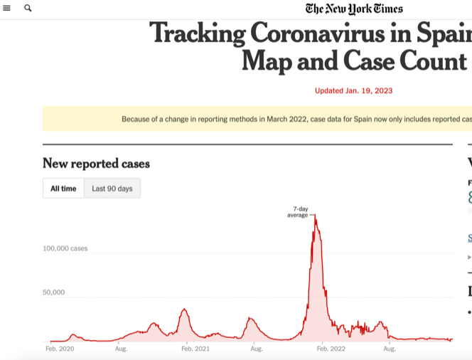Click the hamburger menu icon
pyautogui.click(x=7, y=9)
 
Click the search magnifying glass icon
pyautogui.click(x=28, y=9)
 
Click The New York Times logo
pyautogui.click(x=354, y=9)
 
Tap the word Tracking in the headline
pyautogui.click(x=197, y=34)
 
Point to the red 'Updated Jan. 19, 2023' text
pyautogui.click(x=353, y=90)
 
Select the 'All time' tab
pyautogui.click(x=63, y=189)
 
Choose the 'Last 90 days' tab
pyautogui.click(x=112, y=189)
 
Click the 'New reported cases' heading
pyautogui.click(x=96, y=164)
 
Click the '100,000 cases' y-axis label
pyautogui.click(x=65, y=248)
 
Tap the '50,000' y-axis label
pyautogui.click(x=54, y=292)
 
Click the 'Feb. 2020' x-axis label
pyautogui.click(x=60, y=349)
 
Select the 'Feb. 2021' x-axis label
pyautogui.click(x=195, y=349)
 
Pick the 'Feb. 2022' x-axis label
pyautogui.click(x=331, y=349)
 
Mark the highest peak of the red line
pyautogui.click(x=315, y=218)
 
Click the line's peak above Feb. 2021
pyautogui.click(x=185, y=309)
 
